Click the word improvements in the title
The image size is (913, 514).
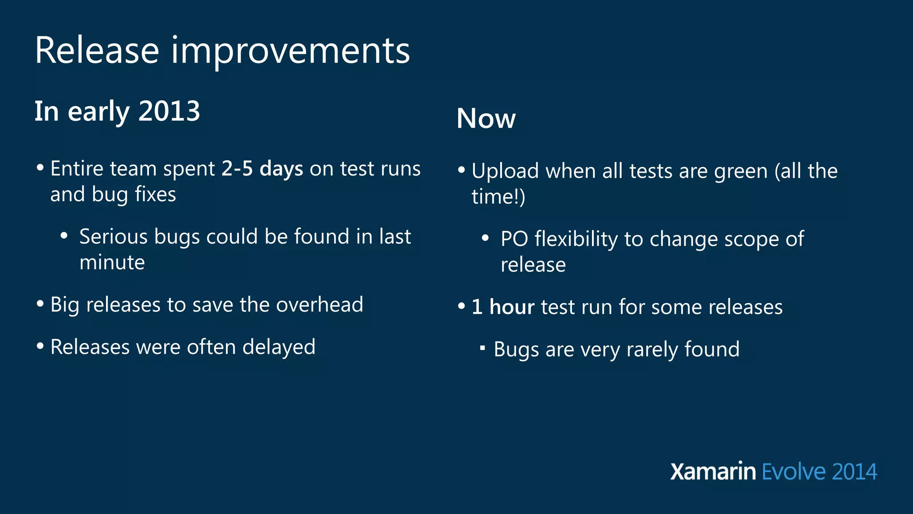[290, 51]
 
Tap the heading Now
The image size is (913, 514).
[486, 119]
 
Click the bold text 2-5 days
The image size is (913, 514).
[262, 169]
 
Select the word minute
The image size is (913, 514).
[112, 262]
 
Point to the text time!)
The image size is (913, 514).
[498, 197]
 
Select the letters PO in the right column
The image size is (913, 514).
[514, 239]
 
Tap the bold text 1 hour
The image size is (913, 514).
[503, 307]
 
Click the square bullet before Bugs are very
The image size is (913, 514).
[482, 348]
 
